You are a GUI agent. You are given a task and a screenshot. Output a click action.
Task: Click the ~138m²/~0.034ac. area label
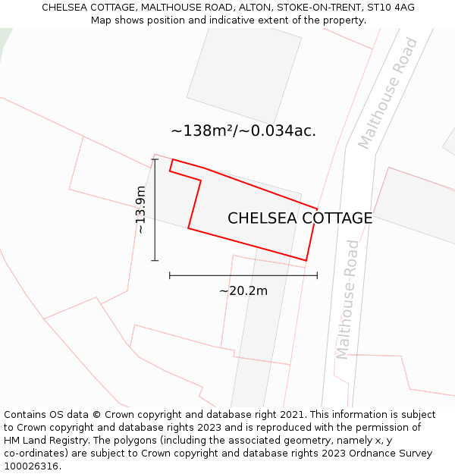pos(243,130)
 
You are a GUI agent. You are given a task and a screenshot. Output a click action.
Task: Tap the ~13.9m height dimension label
pos(140,209)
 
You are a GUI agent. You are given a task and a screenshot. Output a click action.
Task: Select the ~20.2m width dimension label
pos(243,290)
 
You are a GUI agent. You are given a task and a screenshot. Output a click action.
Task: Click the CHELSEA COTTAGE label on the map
pos(300,218)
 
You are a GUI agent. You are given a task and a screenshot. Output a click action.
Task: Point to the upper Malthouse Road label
pos(388,93)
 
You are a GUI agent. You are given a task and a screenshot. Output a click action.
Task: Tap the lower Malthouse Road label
pos(347,300)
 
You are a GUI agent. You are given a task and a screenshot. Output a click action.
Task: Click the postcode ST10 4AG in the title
pos(390,8)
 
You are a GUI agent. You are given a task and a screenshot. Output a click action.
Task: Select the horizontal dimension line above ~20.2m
pos(243,275)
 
